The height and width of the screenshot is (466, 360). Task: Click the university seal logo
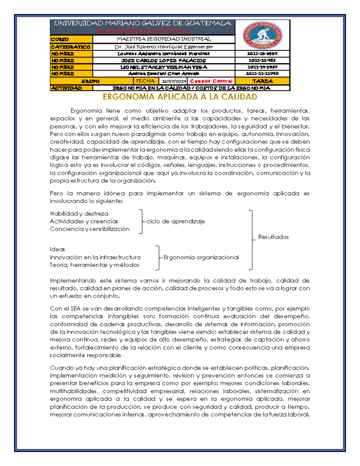(x=262, y=35)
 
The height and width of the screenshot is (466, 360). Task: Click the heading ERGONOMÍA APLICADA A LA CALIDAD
(x=180, y=97)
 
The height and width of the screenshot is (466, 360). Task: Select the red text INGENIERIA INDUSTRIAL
(x=142, y=31)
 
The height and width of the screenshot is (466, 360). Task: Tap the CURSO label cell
(x=71, y=39)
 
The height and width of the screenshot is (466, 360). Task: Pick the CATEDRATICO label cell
(x=71, y=47)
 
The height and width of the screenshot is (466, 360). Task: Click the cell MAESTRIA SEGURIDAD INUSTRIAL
(x=164, y=39)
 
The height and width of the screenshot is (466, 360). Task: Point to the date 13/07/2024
(x=174, y=81)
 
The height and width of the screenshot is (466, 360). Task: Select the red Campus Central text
(x=211, y=81)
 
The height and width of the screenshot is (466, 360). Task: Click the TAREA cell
(x=262, y=81)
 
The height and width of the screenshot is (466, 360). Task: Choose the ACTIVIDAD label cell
(x=71, y=88)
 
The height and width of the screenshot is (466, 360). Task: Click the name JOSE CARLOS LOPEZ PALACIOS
(x=164, y=60)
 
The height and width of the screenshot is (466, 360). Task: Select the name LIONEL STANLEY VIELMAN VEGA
(x=164, y=67)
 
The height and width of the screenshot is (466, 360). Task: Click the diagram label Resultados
(x=273, y=237)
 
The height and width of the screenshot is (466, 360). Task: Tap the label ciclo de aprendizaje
(x=175, y=221)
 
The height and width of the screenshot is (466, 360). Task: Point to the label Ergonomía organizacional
(x=201, y=257)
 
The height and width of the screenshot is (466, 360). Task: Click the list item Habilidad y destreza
(x=79, y=214)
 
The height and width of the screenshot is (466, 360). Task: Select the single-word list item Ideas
(x=58, y=249)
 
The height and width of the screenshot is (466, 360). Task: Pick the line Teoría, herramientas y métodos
(x=94, y=265)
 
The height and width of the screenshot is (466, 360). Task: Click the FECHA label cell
(x=145, y=81)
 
